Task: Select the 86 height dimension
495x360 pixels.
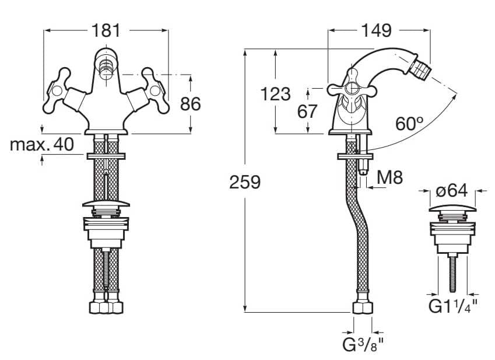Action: coord(190,104)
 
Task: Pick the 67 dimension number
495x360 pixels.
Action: coord(307,111)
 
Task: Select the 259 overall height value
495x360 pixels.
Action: coord(244,182)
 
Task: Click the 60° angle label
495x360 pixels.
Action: coord(409,124)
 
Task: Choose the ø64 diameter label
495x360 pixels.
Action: coord(452,191)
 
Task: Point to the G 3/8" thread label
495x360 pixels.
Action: coord(363,344)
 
